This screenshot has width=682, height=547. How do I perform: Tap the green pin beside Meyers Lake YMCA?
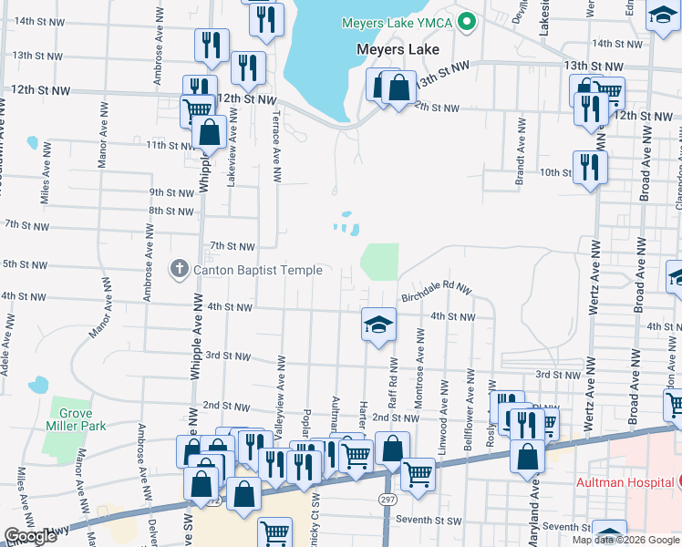(x=468, y=22)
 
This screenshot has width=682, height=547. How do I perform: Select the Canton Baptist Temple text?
(x=257, y=270)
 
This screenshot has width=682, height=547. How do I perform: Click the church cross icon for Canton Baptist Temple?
(x=180, y=270)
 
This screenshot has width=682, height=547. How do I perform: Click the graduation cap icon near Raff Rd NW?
(x=378, y=324)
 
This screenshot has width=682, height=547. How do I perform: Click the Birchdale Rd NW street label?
(x=436, y=291)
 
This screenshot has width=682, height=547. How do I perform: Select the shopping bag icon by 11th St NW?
(x=210, y=132)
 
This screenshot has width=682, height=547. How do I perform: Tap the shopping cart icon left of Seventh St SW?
(x=274, y=532)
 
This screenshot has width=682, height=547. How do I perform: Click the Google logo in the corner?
(x=30, y=536)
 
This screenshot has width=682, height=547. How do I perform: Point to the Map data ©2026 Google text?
(x=625, y=540)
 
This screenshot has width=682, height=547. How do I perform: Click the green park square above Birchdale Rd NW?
(x=380, y=262)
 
